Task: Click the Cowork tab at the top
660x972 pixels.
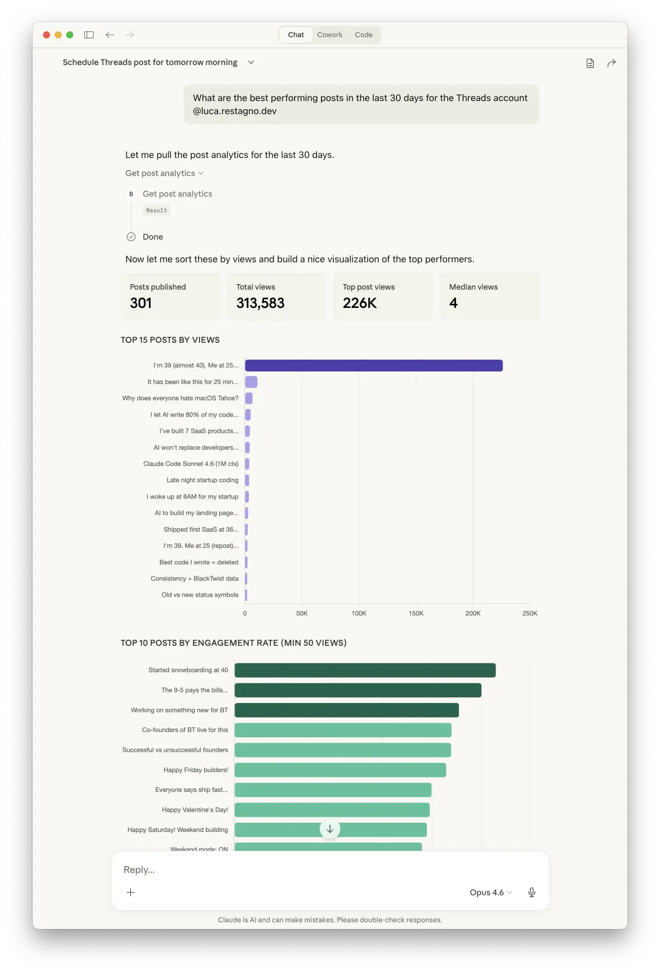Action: (x=330, y=35)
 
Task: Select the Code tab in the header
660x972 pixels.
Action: (x=363, y=35)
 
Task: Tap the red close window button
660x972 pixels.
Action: (x=47, y=35)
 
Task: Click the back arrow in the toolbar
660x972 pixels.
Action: (x=110, y=35)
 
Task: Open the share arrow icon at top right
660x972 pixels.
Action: (x=611, y=63)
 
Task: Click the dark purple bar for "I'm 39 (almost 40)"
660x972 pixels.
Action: (x=373, y=365)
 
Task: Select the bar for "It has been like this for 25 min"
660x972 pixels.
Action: (x=251, y=382)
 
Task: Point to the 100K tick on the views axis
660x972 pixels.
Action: (x=359, y=614)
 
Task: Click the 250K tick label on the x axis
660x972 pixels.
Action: (x=530, y=614)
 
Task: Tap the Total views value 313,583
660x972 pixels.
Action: (x=261, y=303)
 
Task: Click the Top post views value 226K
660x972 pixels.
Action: (x=360, y=303)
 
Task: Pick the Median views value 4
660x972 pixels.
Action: (x=454, y=303)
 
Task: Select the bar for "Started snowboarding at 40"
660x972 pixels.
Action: (x=365, y=670)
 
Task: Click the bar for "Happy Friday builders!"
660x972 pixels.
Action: (x=340, y=770)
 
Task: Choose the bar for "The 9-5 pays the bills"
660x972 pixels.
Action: (x=358, y=690)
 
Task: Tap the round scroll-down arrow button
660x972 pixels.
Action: (x=330, y=829)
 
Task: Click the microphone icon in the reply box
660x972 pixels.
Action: (x=531, y=892)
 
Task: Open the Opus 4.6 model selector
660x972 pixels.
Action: (x=490, y=892)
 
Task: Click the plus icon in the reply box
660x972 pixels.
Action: (x=131, y=892)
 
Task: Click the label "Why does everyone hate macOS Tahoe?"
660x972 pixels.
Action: (x=180, y=399)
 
